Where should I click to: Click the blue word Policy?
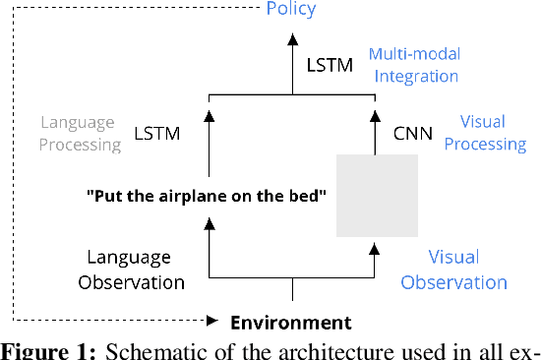click(291, 10)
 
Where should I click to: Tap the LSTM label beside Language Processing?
click(156, 132)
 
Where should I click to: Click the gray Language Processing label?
click(81, 133)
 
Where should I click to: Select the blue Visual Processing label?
click(494, 133)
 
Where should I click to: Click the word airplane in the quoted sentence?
click(188, 195)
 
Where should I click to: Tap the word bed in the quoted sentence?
click(311, 195)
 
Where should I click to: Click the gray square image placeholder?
click(377, 195)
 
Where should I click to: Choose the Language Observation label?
click(136, 270)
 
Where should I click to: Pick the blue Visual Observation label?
click(467, 270)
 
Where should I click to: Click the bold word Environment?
click(290, 322)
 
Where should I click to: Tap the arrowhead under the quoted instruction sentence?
click(210, 225)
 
